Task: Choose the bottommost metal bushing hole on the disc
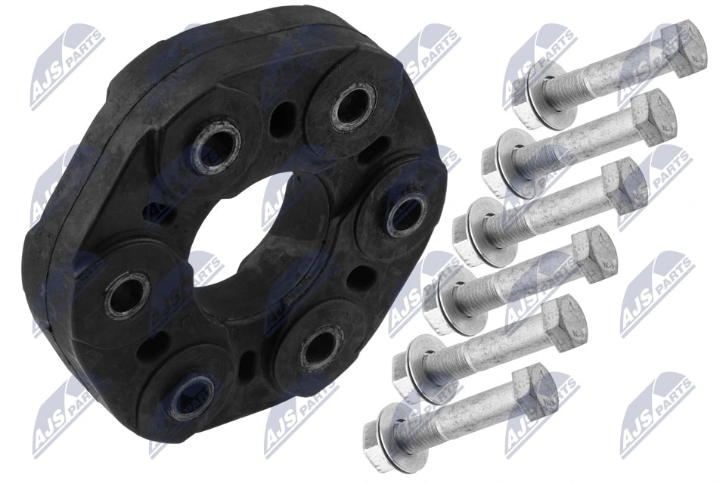click(x=185, y=397)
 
